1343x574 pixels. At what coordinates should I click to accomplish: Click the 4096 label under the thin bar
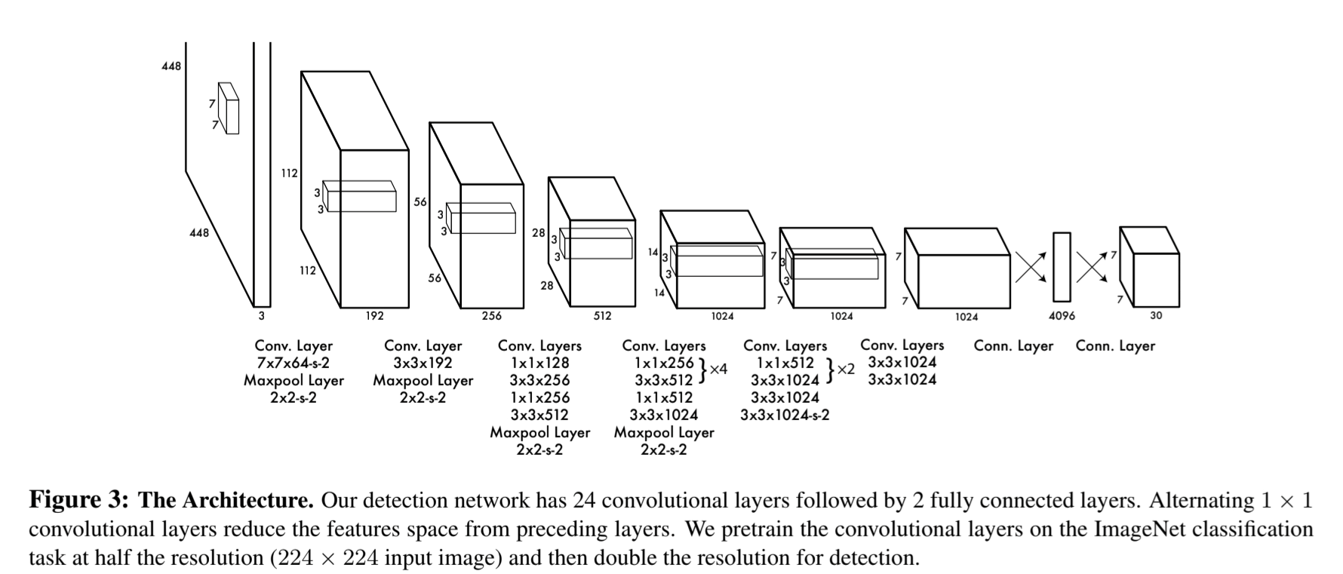point(1062,316)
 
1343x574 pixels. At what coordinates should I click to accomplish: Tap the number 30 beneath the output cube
point(1156,315)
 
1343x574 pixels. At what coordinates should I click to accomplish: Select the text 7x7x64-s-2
point(293,363)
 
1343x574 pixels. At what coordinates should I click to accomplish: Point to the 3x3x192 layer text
point(423,363)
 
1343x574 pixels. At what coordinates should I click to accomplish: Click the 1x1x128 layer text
point(539,363)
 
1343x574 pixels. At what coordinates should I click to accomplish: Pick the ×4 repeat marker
point(718,370)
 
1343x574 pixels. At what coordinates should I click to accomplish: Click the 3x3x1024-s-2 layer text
point(785,415)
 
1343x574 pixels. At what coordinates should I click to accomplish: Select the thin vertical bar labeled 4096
point(1062,267)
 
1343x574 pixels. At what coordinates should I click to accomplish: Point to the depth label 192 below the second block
point(374,316)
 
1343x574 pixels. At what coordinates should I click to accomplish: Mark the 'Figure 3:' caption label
point(79,501)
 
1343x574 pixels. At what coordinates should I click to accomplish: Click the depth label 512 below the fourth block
point(602,316)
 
